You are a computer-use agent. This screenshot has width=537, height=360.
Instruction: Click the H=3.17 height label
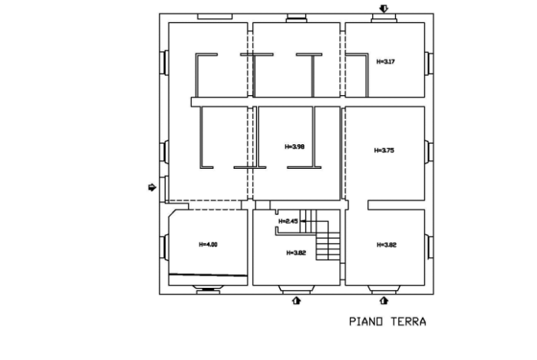[385, 61]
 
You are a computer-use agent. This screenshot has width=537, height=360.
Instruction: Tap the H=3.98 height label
[295, 146]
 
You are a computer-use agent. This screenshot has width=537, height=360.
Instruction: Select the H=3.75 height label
[384, 150]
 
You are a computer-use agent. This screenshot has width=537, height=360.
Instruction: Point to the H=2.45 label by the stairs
[287, 221]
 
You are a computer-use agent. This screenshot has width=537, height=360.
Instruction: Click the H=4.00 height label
[208, 245]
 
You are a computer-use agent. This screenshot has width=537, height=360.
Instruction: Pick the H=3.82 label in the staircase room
[295, 253]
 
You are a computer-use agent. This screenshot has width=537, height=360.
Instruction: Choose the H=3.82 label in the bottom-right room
[387, 245]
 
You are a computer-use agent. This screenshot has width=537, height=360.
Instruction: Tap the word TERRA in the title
[407, 322]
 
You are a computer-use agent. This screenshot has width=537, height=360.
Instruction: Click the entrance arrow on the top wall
[384, 8]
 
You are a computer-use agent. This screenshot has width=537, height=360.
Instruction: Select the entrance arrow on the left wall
[152, 187]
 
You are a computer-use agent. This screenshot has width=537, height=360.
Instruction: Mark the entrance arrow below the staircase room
[297, 301]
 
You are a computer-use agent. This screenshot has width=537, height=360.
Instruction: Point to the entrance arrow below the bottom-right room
[384, 301]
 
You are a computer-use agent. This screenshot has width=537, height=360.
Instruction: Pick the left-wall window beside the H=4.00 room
[163, 247]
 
